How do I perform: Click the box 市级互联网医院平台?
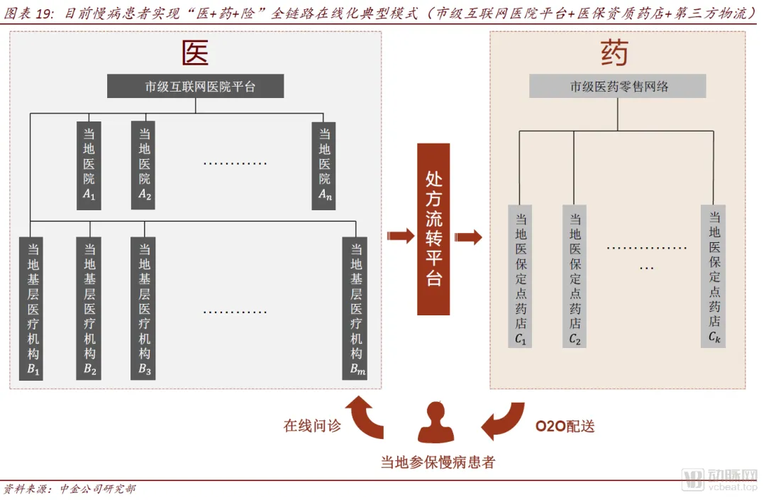[195, 87]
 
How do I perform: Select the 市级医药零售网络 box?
[617, 87]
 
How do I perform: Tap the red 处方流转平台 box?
[433, 229]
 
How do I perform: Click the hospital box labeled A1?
[89, 165]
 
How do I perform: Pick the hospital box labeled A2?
[144, 165]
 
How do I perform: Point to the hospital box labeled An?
[324, 165]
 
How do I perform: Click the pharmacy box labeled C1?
[521, 276]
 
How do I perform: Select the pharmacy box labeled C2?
[575, 276]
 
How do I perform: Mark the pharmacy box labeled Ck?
[714, 275]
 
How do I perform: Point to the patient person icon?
[435, 422]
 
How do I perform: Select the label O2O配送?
[565, 426]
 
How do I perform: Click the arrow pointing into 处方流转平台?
[400, 237]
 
